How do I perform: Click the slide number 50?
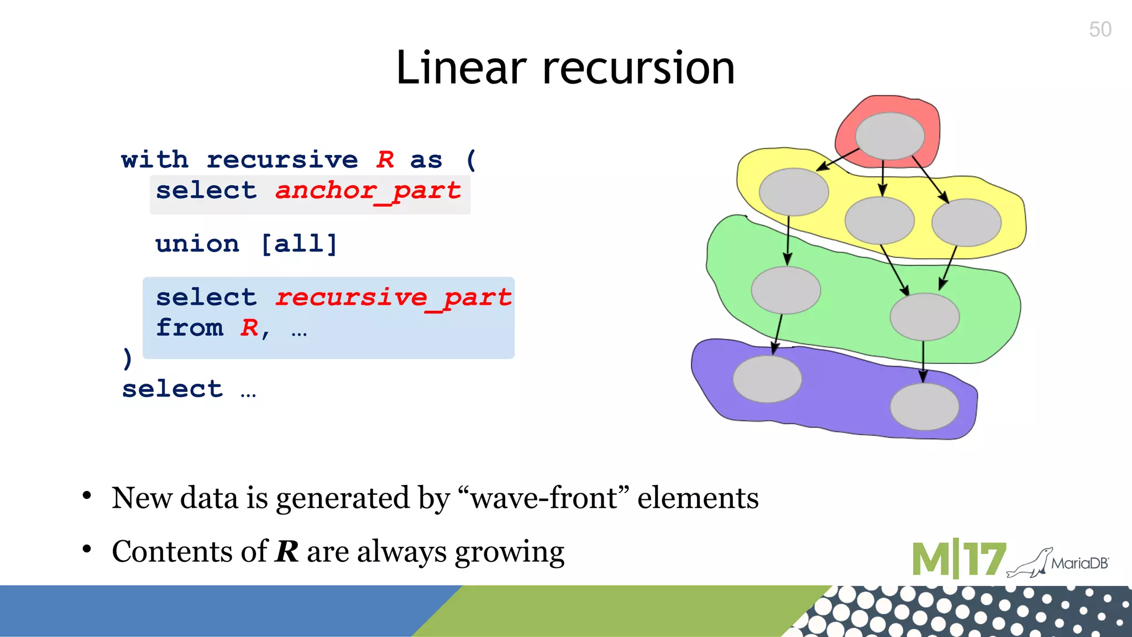pos(1100,29)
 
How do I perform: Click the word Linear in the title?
pos(461,68)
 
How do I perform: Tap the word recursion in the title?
pos(638,68)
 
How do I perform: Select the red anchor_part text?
pos(368,191)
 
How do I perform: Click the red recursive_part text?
pos(394,298)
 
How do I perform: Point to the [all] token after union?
pos(299,244)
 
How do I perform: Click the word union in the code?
pos(197,244)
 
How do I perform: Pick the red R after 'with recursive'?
pos(385,160)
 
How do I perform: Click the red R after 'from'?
pos(249,328)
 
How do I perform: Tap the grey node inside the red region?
pos(890,135)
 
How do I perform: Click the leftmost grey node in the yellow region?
pos(794,191)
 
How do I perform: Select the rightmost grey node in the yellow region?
pos(966,222)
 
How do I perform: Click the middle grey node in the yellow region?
pos(879,220)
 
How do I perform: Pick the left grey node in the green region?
pos(785,290)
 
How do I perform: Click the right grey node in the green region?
pos(924,317)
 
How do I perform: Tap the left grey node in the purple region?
pos(767,379)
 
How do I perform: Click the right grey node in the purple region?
pos(924,406)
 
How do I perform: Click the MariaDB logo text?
pos(1079,563)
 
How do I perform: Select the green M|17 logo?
pos(958,559)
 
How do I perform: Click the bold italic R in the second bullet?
pos(286,552)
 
